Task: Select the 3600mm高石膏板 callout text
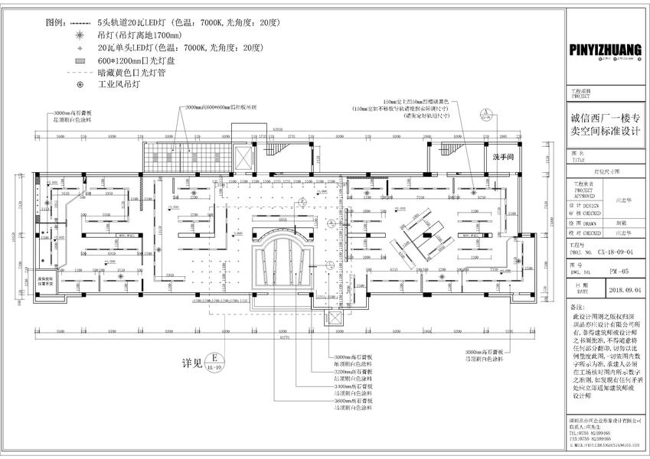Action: coord(353,400)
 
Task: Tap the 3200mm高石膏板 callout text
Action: coord(353,372)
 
